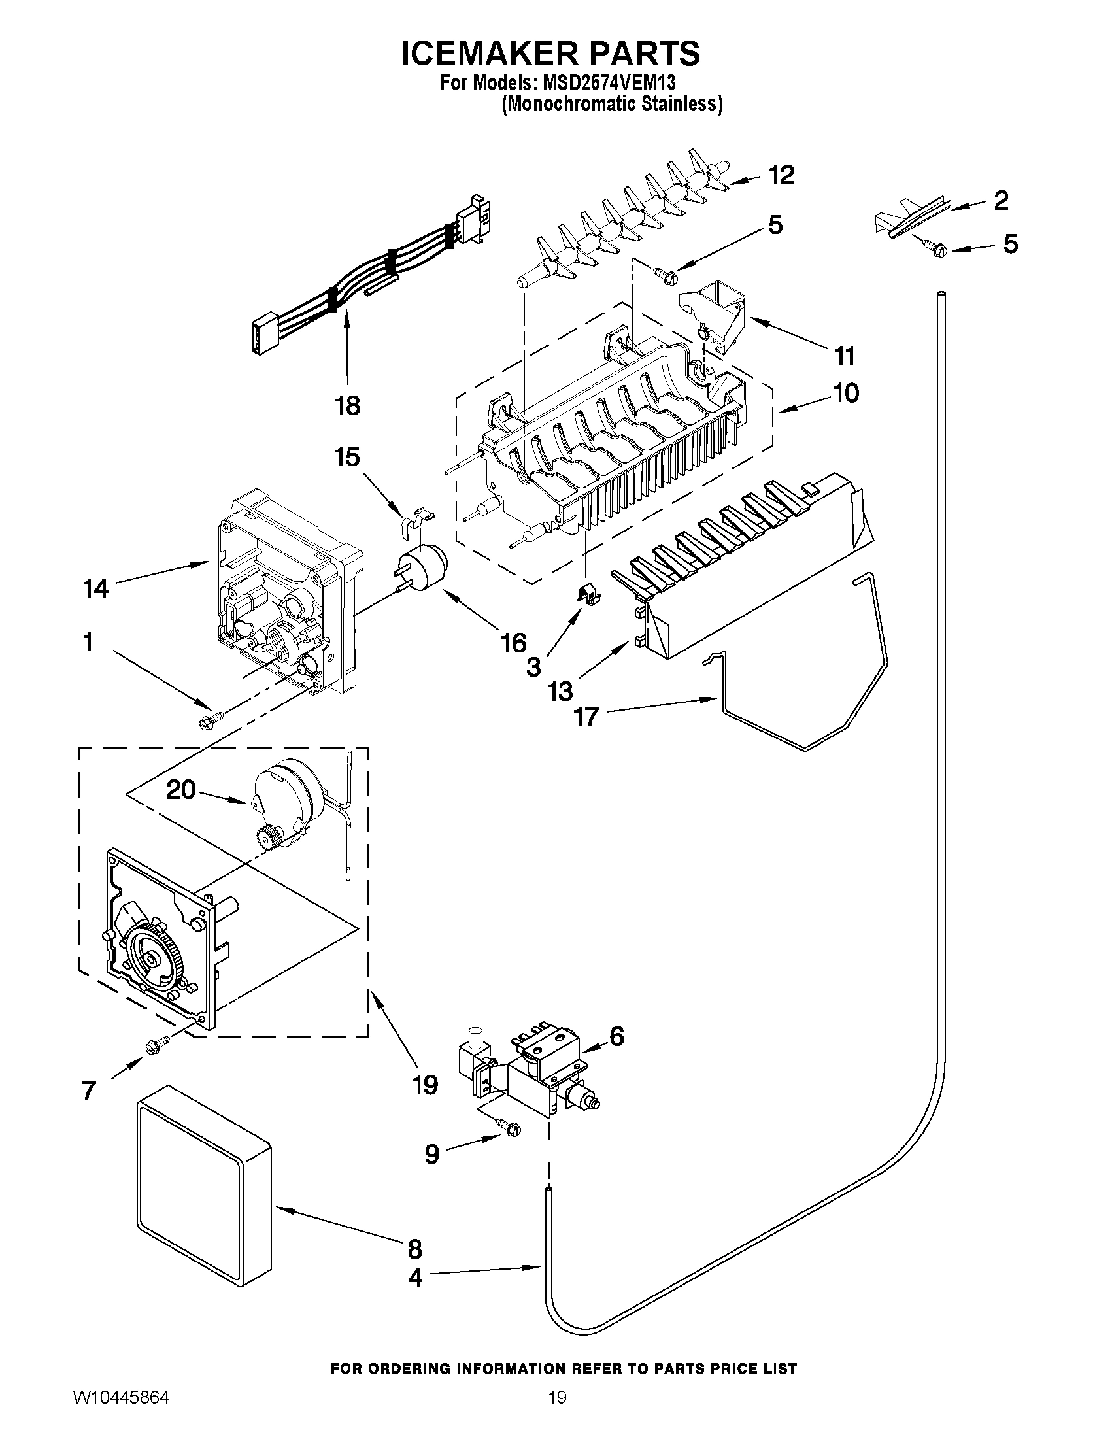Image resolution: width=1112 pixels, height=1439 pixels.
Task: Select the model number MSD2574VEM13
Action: pos(609,84)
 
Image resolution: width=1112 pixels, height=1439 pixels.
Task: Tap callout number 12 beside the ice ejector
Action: pos(781,175)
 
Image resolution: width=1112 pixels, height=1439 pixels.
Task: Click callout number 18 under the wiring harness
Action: pos(348,405)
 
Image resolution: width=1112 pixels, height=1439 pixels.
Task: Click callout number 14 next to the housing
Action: pos(95,588)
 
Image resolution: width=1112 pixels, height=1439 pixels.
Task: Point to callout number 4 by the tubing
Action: pos(414,1278)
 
